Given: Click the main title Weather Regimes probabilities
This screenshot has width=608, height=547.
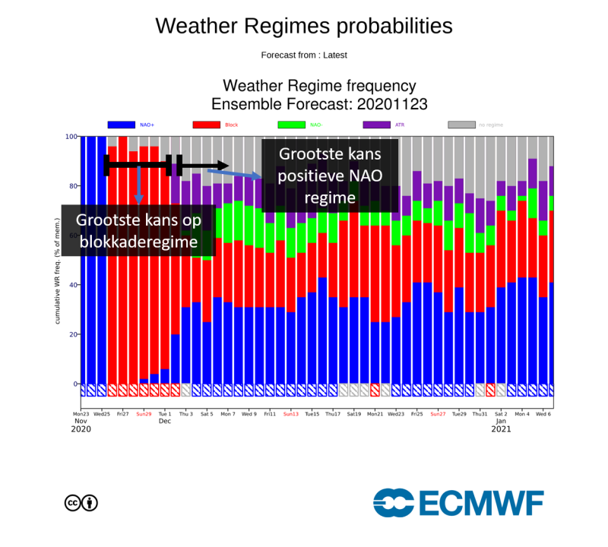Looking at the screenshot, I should coord(303,26).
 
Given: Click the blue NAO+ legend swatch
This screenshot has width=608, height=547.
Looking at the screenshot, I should coord(122,124).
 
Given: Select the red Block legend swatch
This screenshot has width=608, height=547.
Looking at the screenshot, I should coord(207,124).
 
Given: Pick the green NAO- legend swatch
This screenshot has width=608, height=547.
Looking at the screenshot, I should coord(292,124).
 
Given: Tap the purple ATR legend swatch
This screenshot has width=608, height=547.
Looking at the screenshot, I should coord(376,124).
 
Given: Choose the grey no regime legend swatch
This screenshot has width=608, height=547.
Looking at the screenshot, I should coord(461,124).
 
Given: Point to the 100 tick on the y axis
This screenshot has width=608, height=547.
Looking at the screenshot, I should coord(72,137).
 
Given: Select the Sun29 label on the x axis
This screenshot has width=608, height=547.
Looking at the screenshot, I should coord(144,415).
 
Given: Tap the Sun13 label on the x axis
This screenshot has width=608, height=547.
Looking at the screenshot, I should coord(291,415).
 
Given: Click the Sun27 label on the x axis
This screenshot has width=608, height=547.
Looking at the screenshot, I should coord(438,415).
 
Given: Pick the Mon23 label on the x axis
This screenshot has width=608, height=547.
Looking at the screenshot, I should coord(81,415).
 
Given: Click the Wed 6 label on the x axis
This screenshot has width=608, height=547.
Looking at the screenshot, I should coord(543,415).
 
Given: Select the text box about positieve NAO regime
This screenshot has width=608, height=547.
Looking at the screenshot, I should coord(330,175).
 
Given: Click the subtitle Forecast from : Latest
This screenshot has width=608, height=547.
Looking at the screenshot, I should coord(303,55).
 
